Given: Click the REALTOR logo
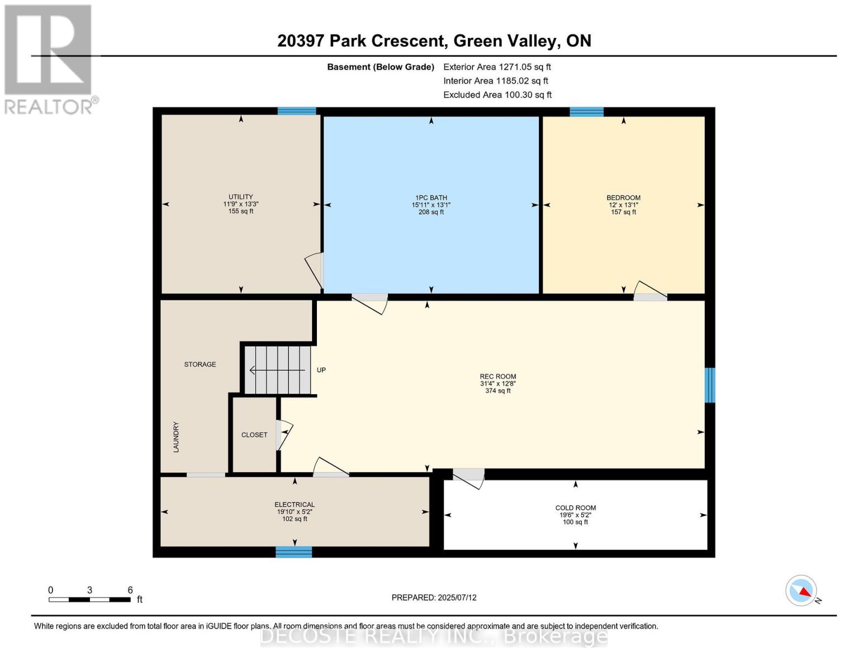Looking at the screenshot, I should (49, 59).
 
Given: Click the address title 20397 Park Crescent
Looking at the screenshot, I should (434, 41).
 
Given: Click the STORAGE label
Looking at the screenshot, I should (200, 365).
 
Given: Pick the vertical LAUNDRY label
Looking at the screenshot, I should (176, 437).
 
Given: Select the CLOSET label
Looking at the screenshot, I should (254, 435).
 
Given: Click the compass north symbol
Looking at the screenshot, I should (802, 591).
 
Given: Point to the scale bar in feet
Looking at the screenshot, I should (89, 599).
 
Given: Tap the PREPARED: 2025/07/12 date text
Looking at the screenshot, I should (434, 597).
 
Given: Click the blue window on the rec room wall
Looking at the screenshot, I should (709, 385).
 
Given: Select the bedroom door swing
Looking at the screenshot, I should (650, 290).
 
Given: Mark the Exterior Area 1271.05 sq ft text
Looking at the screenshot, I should (497, 67).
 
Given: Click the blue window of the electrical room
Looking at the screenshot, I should (293, 552).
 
